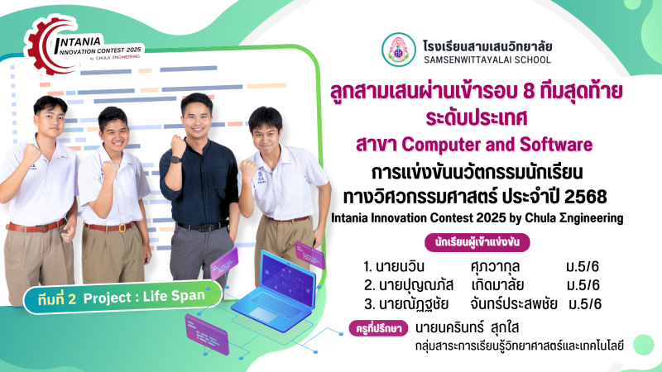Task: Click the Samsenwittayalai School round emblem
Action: [x=399, y=50]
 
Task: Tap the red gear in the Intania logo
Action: [x=42, y=45]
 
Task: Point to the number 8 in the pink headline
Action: [x=529, y=91]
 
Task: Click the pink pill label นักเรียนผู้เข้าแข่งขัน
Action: [x=477, y=242]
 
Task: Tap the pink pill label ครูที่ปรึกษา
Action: [x=378, y=328]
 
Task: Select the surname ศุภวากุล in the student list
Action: [x=495, y=266]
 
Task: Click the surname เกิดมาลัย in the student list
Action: [x=497, y=285]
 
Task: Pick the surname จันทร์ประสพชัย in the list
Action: [x=513, y=303]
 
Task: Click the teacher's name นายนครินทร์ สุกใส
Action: [x=467, y=327]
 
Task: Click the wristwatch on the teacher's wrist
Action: [x=175, y=160]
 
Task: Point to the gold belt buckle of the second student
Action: [x=122, y=228]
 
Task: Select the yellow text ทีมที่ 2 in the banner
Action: [x=57, y=298]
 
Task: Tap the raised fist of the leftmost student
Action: [x=31, y=153]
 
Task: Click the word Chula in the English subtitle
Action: [x=540, y=218]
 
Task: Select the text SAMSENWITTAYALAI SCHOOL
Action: [x=487, y=60]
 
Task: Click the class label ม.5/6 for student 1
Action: [x=583, y=266]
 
